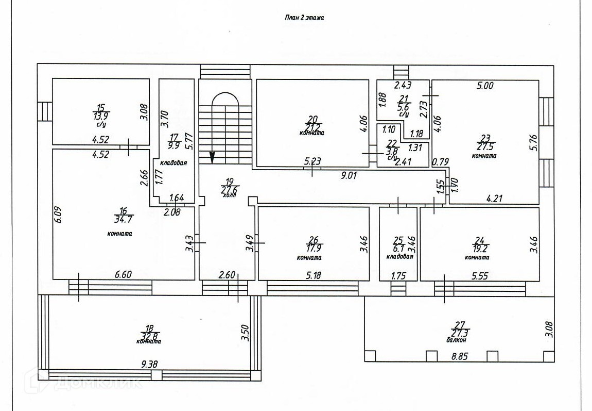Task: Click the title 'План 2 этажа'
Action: click(304, 18)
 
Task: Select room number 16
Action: click(123, 211)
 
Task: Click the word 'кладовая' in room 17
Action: click(173, 162)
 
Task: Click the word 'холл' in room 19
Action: click(229, 195)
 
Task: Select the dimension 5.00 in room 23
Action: click(485, 86)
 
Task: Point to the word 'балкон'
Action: click(457, 340)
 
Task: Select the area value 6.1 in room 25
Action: click(397, 248)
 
